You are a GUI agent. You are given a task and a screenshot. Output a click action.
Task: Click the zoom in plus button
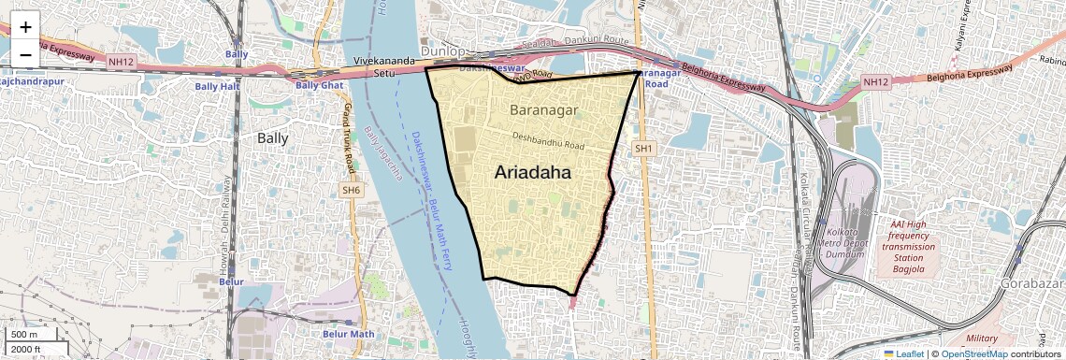(x=25, y=26)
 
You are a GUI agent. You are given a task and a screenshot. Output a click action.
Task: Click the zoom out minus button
(x=25, y=54)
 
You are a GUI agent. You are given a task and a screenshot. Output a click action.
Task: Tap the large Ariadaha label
(x=532, y=173)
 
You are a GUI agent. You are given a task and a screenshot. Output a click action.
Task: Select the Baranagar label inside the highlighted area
(x=545, y=110)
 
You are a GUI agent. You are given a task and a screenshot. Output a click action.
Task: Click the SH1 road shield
(x=642, y=149)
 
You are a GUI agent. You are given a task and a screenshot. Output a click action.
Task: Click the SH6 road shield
(x=351, y=190)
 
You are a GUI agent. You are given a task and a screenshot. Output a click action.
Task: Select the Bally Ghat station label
(x=320, y=85)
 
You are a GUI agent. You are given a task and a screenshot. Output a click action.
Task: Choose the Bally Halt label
(x=218, y=86)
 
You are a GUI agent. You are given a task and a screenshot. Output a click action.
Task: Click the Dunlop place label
(x=442, y=50)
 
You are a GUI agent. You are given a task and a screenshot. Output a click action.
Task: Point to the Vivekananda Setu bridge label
(x=383, y=68)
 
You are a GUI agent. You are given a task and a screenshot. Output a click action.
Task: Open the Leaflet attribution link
(x=905, y=353)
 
